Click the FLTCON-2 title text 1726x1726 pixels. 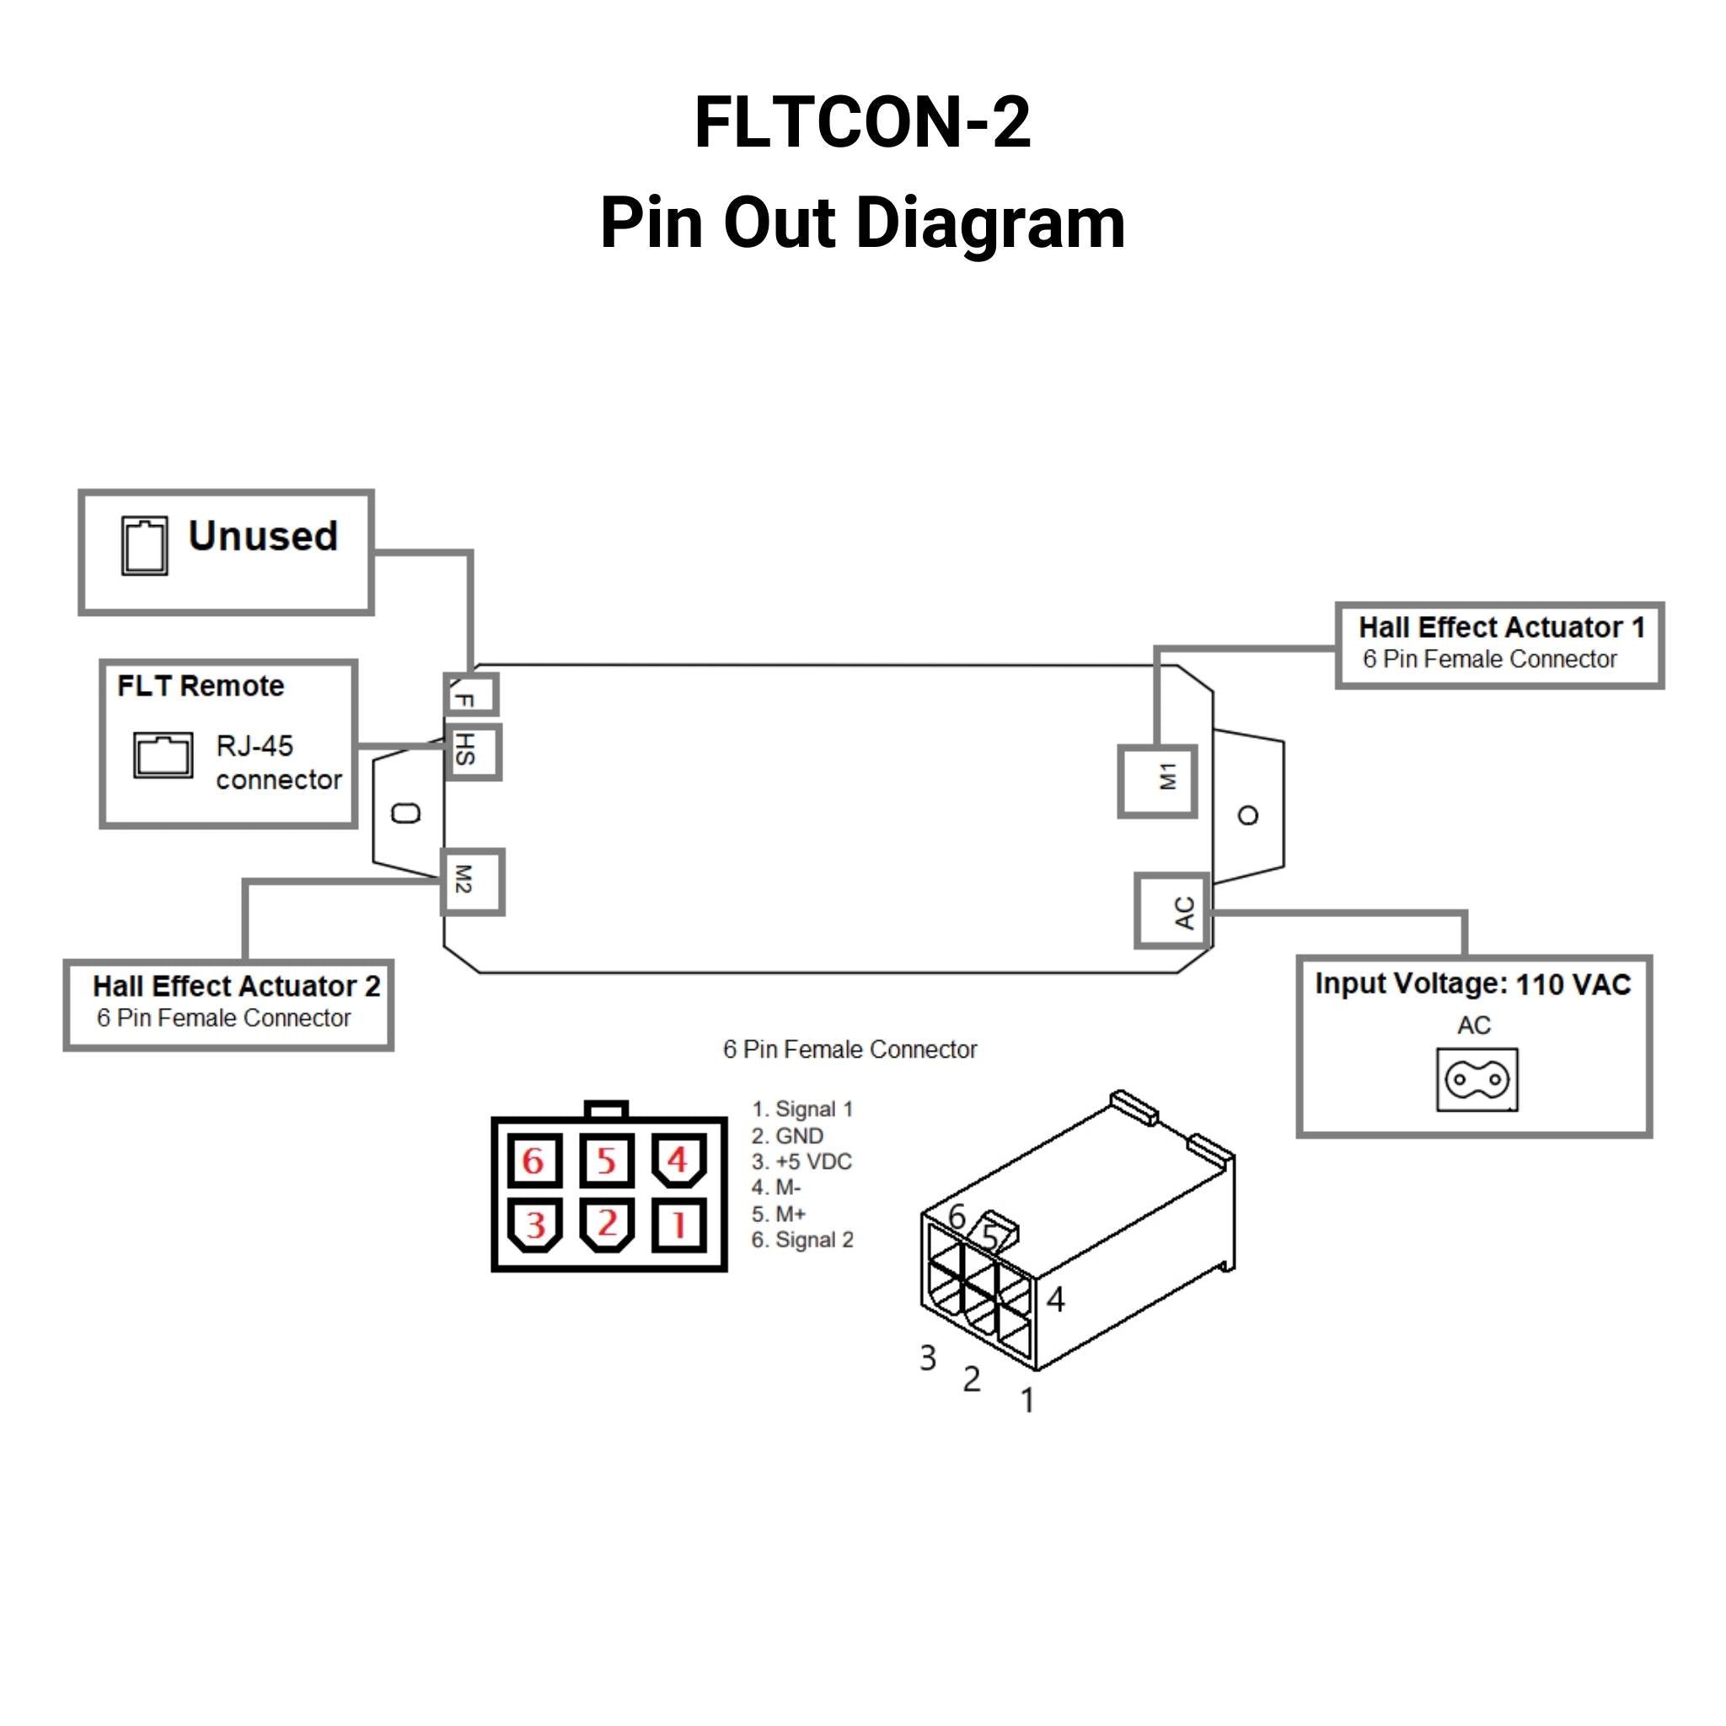(862, 122)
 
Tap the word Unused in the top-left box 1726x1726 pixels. (263, 536)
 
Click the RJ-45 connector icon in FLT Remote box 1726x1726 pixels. (163, 755)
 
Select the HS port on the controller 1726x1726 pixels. (472, 751)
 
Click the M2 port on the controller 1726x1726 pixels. (472, 882)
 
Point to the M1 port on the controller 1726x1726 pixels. (1157, 780)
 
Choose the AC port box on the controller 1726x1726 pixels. (1172, 910)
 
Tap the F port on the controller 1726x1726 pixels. (471, 694)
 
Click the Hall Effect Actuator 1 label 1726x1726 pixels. (1501, 627)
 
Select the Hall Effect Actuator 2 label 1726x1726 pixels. (236, 986)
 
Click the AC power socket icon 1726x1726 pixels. (1476, 1080)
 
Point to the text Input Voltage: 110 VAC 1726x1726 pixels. (1472, 984)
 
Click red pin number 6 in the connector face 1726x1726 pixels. (533, 1160)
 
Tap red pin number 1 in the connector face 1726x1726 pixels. (679, 1225)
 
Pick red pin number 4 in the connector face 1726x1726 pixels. (678, 1160)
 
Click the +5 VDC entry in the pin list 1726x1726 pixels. (801, 1161)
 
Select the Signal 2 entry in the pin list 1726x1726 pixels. (802, 1240)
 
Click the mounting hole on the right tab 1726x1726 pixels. (1248, 815)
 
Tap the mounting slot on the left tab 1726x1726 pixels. (405, 813)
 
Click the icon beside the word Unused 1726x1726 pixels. (145, 545)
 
